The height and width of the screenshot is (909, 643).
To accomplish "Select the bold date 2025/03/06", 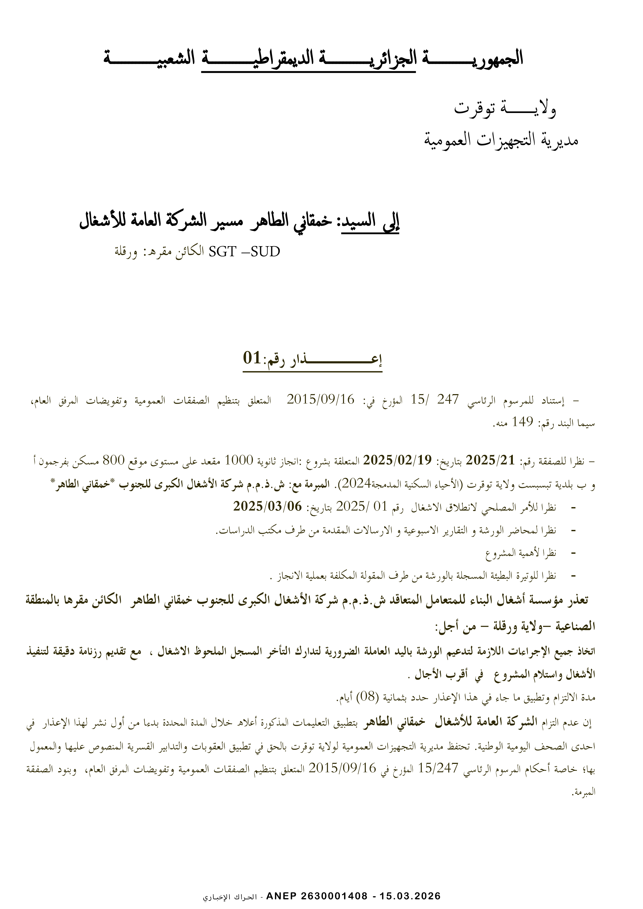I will (x=267, y=506).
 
